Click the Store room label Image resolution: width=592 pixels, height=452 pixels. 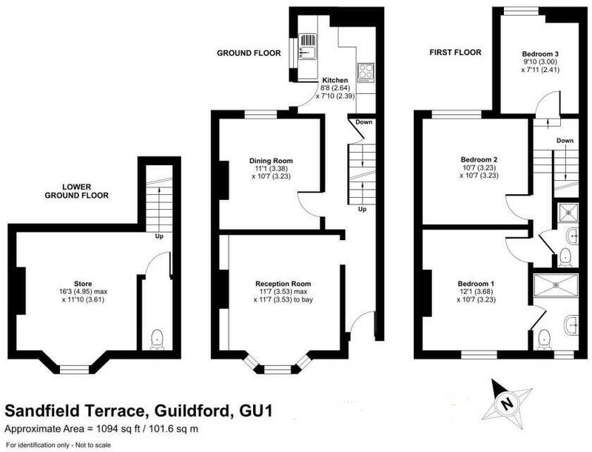[x=83, y=284]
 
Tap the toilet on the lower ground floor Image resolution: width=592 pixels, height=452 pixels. [x=157, y=339]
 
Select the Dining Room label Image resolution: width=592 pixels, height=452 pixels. [x=271, y=161]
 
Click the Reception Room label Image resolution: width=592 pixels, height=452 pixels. [x=283, y=284]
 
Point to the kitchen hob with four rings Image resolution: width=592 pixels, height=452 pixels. [x=366, y=73]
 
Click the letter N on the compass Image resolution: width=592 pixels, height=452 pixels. [x=505, y=404]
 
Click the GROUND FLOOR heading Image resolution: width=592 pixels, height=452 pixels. [x=249, y=53]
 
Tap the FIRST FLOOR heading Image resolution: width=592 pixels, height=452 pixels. [x=455, y=53]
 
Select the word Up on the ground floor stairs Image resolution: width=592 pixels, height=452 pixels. [x=362, y=209]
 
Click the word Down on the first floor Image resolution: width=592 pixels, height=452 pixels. [x=565, y=141]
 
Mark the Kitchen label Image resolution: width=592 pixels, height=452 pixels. [x=335, y=80]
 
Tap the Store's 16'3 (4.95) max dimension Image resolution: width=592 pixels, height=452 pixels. [x=84, y=292]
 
